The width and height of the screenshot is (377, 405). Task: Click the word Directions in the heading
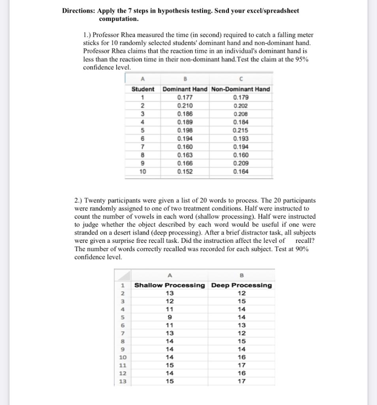(78, 11)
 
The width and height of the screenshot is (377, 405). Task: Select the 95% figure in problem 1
(302, 59)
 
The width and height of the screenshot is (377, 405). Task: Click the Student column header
(143, 89)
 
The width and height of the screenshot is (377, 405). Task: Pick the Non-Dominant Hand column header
(241, 89)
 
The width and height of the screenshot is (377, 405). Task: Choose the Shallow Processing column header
(170, 285)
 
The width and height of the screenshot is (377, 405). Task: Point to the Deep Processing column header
(241, 285)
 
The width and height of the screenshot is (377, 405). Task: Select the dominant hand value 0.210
(185, 106)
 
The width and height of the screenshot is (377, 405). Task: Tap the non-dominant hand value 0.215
(241, 131)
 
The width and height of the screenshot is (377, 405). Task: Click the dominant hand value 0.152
(185, 172)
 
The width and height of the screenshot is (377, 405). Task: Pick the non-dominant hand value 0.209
(241, 163)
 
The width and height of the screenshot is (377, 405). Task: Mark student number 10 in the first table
(142, 172)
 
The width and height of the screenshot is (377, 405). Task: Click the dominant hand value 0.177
(185, 97)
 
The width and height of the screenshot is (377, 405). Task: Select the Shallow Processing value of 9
(170, 317)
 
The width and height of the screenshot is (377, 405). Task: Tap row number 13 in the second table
(123, 381)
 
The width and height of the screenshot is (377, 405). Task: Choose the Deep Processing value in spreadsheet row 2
(242, 293)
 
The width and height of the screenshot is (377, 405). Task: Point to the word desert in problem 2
(123, 233)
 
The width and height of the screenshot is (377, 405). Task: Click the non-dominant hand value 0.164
(241, 172)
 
